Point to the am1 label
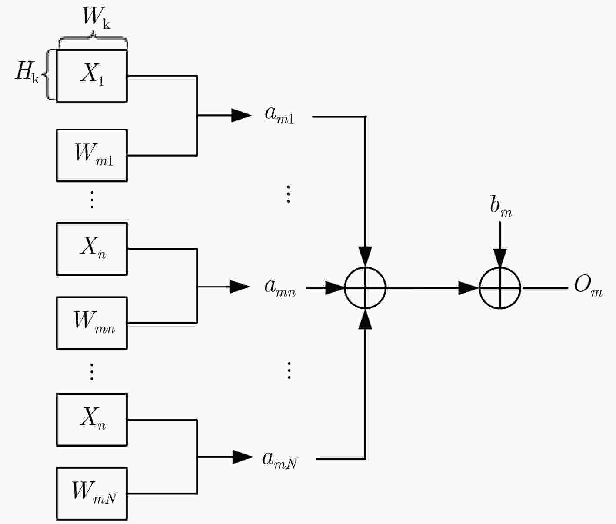coord(280,116)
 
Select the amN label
coord(280,460)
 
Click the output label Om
coord(588,286)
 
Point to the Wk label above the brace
coord(96,17)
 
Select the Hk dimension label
coord(27,73)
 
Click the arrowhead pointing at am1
coord(242,115)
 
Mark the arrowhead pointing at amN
coord(243,457)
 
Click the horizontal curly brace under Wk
coord(93,37)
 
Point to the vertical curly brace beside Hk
coord(47,74)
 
